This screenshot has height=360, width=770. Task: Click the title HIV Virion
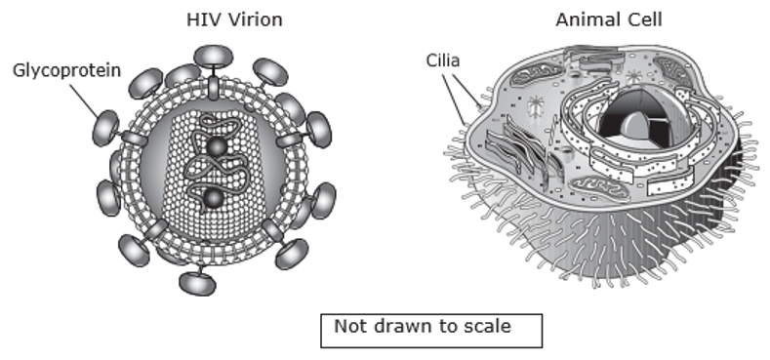234,20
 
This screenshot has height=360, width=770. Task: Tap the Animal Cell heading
609,20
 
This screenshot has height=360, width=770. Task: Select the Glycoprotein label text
66,70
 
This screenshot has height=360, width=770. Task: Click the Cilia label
443,60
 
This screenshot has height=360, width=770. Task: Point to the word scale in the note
485,326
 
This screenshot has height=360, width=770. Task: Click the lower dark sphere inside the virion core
214,198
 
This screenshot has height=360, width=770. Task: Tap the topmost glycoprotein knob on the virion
213,56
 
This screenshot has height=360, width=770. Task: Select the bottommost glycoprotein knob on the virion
197,283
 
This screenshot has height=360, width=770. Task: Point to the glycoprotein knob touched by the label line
105,128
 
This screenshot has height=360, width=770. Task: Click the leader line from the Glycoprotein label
85,100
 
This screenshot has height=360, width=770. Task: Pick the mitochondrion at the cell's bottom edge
599,189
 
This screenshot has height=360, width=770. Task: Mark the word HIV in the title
201,20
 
